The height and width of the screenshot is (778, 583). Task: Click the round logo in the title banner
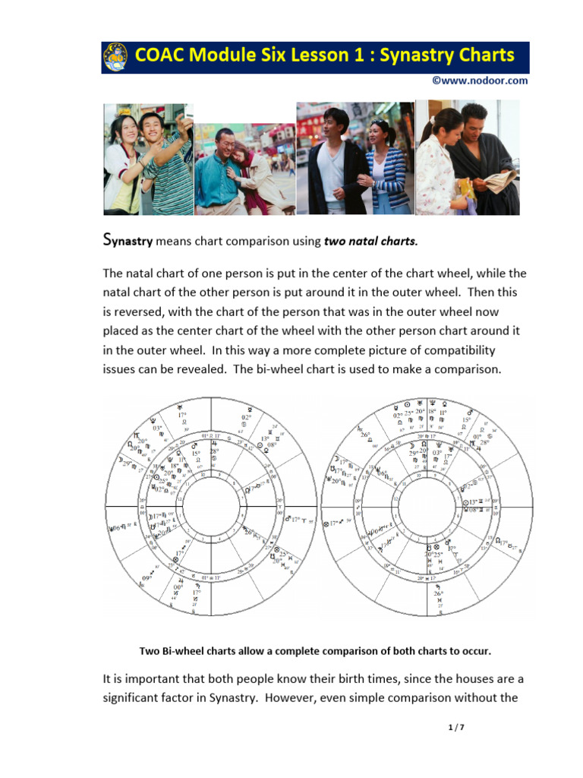click(x=115, y=57)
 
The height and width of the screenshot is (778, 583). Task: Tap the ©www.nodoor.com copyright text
click(x=480, y=81)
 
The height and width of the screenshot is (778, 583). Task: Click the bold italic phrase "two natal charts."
click(x=370, y=242)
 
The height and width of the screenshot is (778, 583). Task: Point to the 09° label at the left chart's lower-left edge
click(x=147, y=578)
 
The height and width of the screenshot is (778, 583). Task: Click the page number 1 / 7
click(x=455, y=728)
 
